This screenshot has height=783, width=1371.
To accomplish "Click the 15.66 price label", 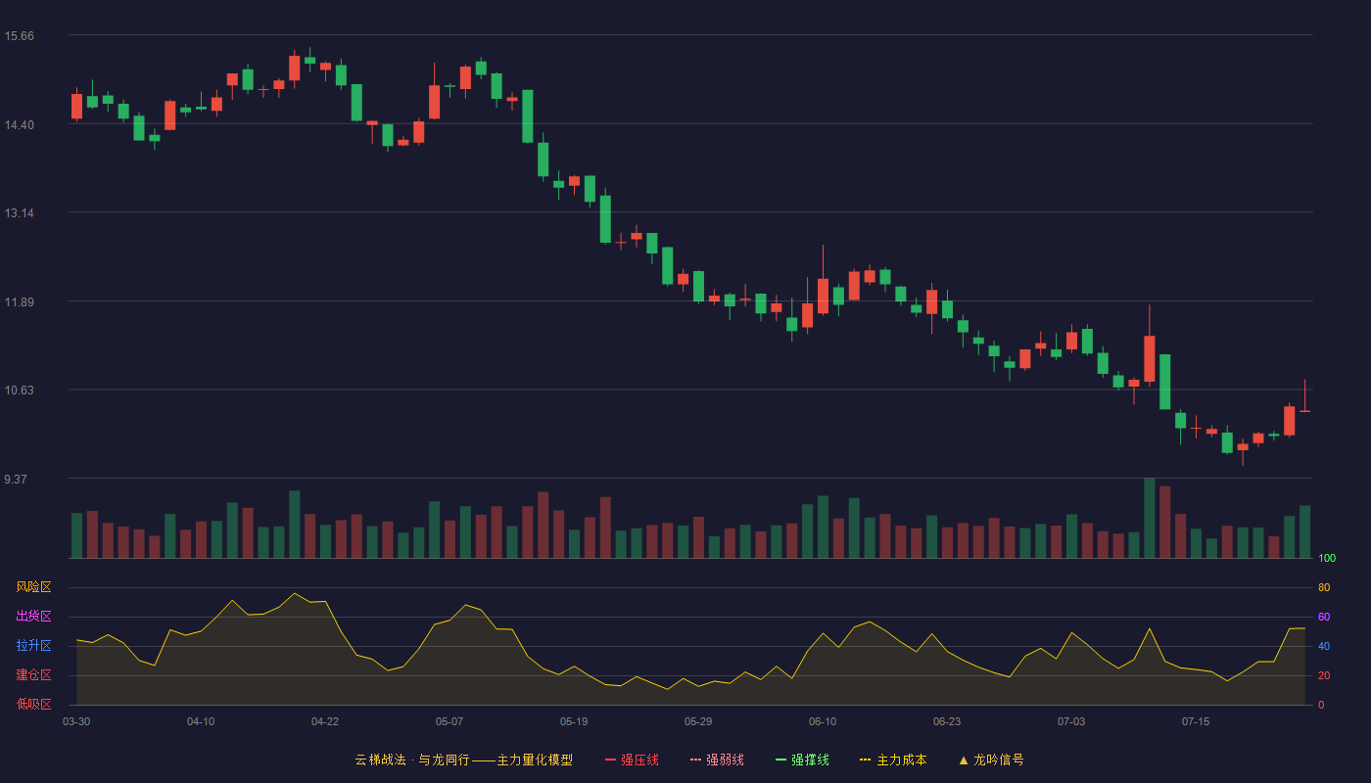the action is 19,36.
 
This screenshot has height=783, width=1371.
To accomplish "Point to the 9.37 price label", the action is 16,479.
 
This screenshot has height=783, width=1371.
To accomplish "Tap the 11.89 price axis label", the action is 19,302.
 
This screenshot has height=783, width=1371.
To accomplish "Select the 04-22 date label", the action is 324,722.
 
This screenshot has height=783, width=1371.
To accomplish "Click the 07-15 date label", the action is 1196,722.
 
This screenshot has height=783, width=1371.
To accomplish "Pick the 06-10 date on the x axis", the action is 822,722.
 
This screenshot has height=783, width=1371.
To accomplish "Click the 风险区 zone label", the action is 33,587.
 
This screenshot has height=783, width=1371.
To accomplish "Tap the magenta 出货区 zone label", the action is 33,616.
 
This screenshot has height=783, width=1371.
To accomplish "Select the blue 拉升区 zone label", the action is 33,645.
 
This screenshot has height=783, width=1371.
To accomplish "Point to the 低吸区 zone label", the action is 33,704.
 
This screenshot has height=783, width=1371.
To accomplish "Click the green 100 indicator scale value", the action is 1327,558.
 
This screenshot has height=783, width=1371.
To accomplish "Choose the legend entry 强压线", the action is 632,760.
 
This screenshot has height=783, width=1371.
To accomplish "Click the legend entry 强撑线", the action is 802,760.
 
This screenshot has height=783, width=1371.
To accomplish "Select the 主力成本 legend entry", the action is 893,760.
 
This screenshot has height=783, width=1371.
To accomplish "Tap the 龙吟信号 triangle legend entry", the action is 991,760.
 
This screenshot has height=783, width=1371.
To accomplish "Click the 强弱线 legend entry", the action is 717,760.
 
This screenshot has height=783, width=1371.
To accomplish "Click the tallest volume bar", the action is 1150,518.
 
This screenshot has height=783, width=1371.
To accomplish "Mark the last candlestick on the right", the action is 1304,410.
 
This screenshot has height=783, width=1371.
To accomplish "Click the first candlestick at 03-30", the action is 76,106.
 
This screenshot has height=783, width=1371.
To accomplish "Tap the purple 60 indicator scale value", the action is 1324,617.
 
